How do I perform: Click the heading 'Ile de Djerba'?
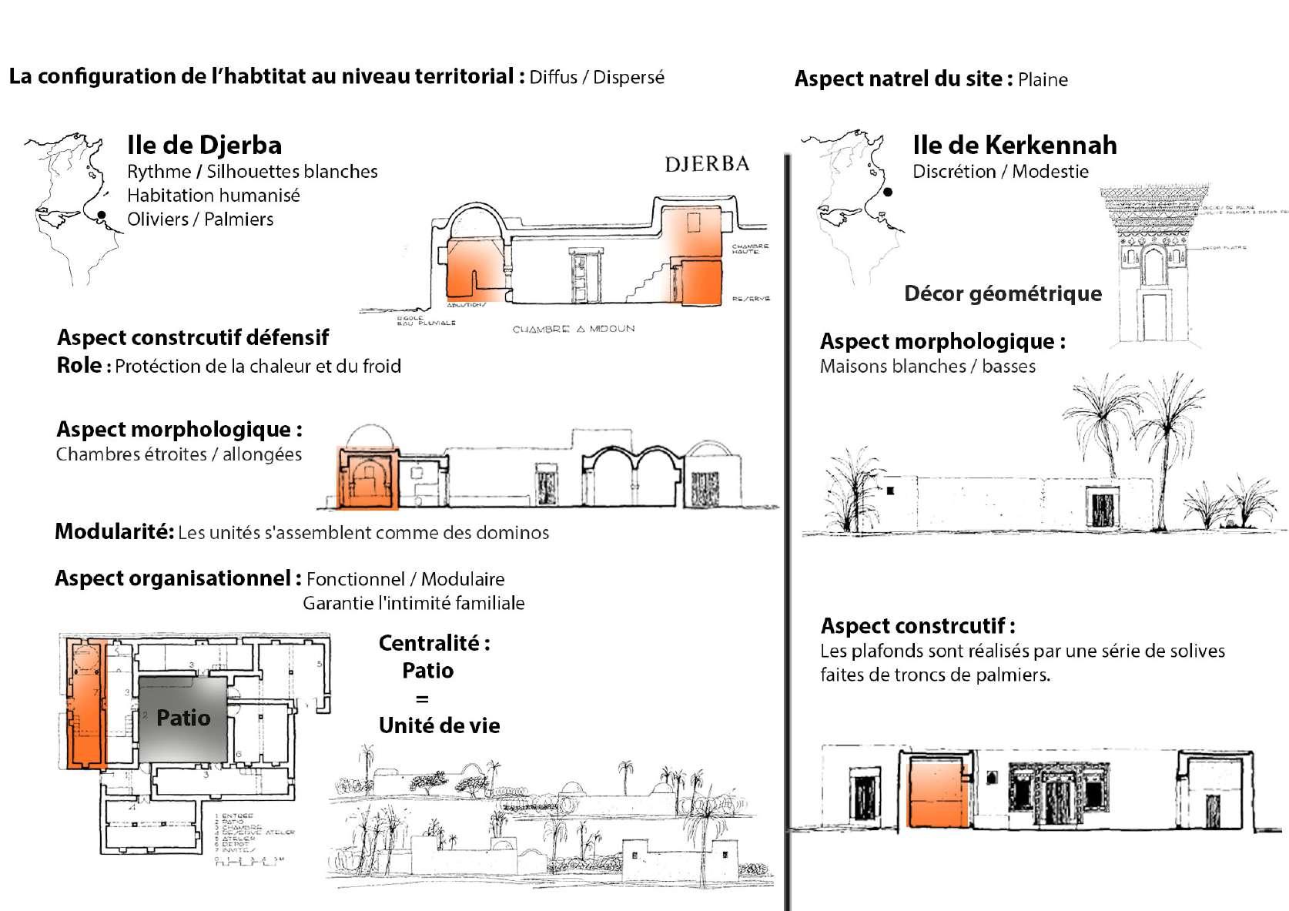coord(204,145)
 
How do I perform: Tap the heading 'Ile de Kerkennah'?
coord(1013,145)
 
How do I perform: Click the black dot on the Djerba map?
coord(101,216)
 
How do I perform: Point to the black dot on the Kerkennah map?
coord(888,193)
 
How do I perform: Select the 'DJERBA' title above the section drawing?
coord(706,163)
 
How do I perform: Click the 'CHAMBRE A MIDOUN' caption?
coord(574,329)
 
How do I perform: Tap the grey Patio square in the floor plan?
coord(183,718)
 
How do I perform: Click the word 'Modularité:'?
coord(115,531)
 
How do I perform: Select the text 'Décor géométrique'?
coord(1003,293)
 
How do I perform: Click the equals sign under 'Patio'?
coord(422,698)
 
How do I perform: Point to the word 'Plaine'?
coord(1043,79)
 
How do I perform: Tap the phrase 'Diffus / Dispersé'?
coord(597,77)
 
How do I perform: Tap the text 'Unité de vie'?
coord(439,725)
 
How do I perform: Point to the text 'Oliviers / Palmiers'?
coord(200,219)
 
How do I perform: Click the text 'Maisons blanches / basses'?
coord(927,366)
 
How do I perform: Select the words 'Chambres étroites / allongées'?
coord(179,454)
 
